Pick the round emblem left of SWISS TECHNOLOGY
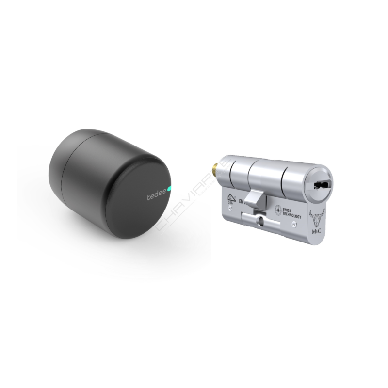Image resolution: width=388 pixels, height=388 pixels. coord(278,209)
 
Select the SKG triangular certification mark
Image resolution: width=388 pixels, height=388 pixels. coord(229,199)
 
